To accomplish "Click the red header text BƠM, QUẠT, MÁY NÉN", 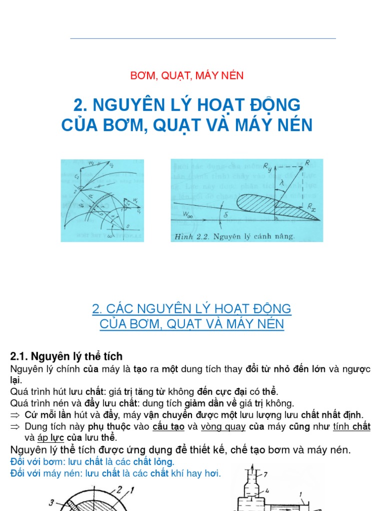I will [187, 76].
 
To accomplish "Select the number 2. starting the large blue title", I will [81, 105].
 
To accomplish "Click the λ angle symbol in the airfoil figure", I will [282, 184].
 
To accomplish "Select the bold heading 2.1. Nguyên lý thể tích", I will [66, 356].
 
